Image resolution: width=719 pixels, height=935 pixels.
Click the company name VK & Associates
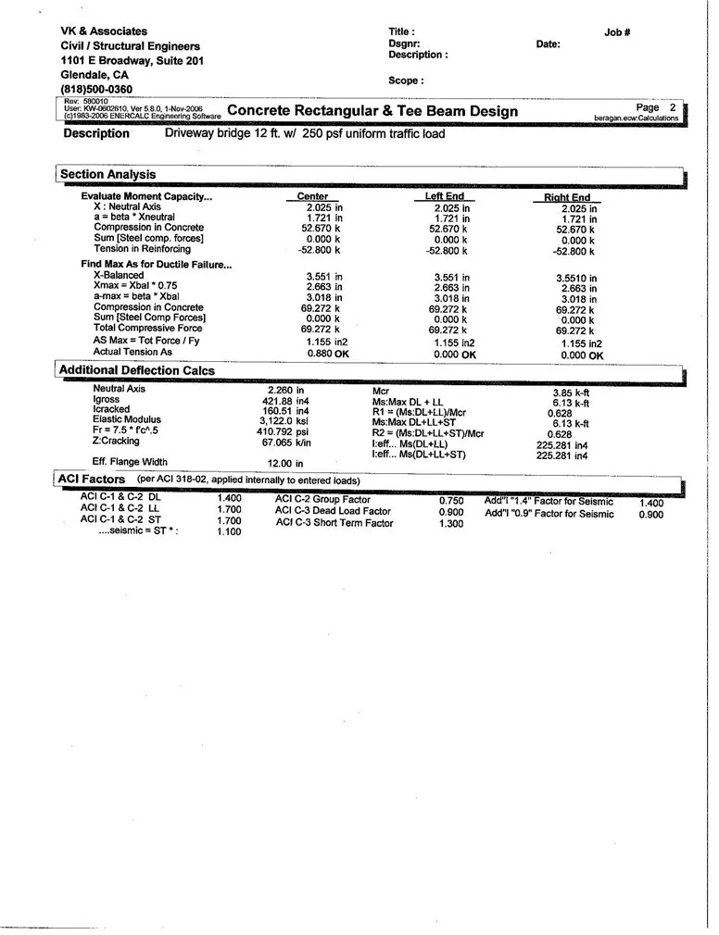point(104,31)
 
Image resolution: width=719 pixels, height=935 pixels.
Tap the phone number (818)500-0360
point(96,89)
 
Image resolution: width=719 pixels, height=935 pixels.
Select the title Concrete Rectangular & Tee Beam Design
point(372,112)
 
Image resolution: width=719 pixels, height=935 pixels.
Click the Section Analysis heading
point(107,174)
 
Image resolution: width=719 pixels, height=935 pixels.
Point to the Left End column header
point(444,197)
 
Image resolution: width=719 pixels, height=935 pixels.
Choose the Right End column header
point(566,198)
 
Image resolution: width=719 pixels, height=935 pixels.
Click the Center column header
point(312,197)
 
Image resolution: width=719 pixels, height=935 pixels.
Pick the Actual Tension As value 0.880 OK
point(328,353)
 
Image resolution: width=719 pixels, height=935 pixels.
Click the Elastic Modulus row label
point(127,419)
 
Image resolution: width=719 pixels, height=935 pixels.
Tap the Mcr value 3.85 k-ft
point(571,393)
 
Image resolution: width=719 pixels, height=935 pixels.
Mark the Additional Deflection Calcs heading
point(137,370)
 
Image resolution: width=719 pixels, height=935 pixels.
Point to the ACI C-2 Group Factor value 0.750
point(451,500)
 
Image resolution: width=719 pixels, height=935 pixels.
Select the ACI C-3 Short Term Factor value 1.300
point(451,523)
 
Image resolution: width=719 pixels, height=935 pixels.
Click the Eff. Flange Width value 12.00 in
point(285,463)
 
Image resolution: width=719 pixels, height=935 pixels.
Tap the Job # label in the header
point(617,32)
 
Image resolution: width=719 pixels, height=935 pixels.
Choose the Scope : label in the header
point(407,81)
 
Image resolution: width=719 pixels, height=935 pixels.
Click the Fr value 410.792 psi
point(283,430)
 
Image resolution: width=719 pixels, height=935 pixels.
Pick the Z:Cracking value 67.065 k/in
point(285,442)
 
